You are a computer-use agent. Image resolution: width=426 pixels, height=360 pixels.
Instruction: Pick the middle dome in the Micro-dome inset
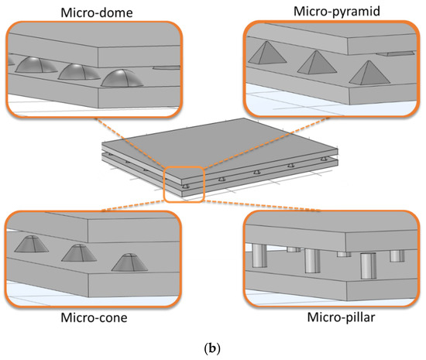click(x=80, y=72)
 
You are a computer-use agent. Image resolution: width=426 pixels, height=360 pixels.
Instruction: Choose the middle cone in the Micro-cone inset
click(x=77, y=253)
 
